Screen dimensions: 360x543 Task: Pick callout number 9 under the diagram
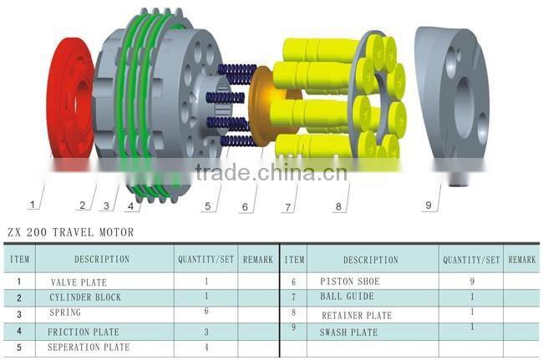click(x=429, y=203)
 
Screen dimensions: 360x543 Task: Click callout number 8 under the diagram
click(x=339, y=205)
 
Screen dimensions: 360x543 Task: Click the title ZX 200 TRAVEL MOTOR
click(x=70, y=232)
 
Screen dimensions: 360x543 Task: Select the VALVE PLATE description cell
click(x=79, y=282)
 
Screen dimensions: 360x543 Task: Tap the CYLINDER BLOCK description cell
click(x=84, y=297)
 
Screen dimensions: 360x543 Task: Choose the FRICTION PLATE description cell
click(x=84, y=332)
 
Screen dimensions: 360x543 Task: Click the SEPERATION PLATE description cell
click(x=89, y=347)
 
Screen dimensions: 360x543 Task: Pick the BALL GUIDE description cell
click(x=348, y=297)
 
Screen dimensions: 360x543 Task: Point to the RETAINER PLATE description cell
click(x=357, y=316)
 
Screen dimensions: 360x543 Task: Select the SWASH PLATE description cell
click(x=350, y=332)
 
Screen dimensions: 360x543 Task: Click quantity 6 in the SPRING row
click(x=206, y=312)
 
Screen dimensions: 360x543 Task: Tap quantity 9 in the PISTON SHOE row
click(x=472, y=282)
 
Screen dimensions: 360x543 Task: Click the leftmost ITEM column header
click(x=19, y=260)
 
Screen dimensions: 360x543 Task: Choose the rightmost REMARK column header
click(x=521, y=260)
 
